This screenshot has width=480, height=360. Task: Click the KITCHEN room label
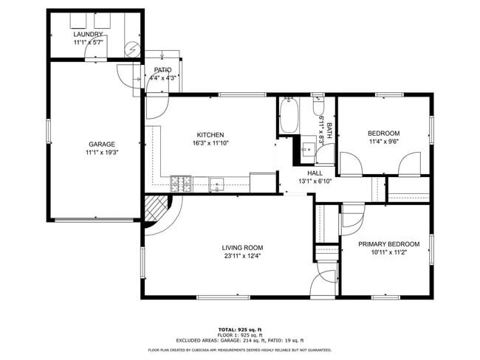pos(210,134)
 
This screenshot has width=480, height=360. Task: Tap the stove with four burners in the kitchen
pos(181,182)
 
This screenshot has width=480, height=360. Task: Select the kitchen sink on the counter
pos(216,183)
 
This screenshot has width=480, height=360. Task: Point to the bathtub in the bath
pos(288,117)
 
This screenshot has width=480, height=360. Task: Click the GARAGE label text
pos(101,144)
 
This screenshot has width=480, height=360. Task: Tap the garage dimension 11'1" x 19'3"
pos(101,153)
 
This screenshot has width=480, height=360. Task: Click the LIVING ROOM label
pos(242,247)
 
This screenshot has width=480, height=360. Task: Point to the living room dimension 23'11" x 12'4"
pos(242,256)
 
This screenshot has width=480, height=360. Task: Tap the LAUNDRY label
pos(87,34)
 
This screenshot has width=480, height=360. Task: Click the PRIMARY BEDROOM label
pos(388,243)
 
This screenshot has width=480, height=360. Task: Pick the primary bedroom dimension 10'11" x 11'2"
pos(388,252)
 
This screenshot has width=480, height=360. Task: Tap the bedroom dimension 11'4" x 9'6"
pos(383,142)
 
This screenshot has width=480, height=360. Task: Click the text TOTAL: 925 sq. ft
pos(240,329)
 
